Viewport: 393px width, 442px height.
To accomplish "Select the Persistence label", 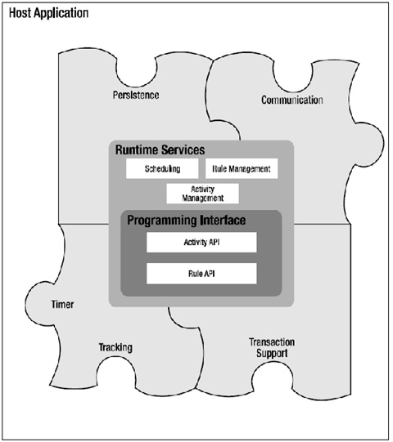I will (x=136, y=96).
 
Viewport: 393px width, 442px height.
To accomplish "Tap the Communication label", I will (x=291, y=100).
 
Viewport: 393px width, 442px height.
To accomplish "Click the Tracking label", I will (x=115, y=347).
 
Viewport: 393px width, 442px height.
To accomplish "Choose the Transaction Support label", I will (x=271, y=347).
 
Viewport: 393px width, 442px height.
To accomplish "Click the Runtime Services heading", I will (x=159, y=150).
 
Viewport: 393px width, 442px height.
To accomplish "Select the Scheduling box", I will (x=163, y=169).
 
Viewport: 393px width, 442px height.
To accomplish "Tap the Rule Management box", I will (x=240, y=169).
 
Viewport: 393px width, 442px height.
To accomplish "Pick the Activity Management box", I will (x=202, y=194).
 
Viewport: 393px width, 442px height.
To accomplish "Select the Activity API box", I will (x=201, y=243).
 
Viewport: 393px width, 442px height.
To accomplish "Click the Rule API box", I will (x=201, y=273).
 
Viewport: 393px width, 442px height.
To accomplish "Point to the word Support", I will (x=271, y=353).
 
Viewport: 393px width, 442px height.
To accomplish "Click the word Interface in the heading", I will (x=226, y=221).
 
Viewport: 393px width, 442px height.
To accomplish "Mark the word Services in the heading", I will (x=182, y=150).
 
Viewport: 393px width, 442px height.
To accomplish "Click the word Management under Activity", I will (x=202, y=198).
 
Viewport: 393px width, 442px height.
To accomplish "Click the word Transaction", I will (x=271, y=342).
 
